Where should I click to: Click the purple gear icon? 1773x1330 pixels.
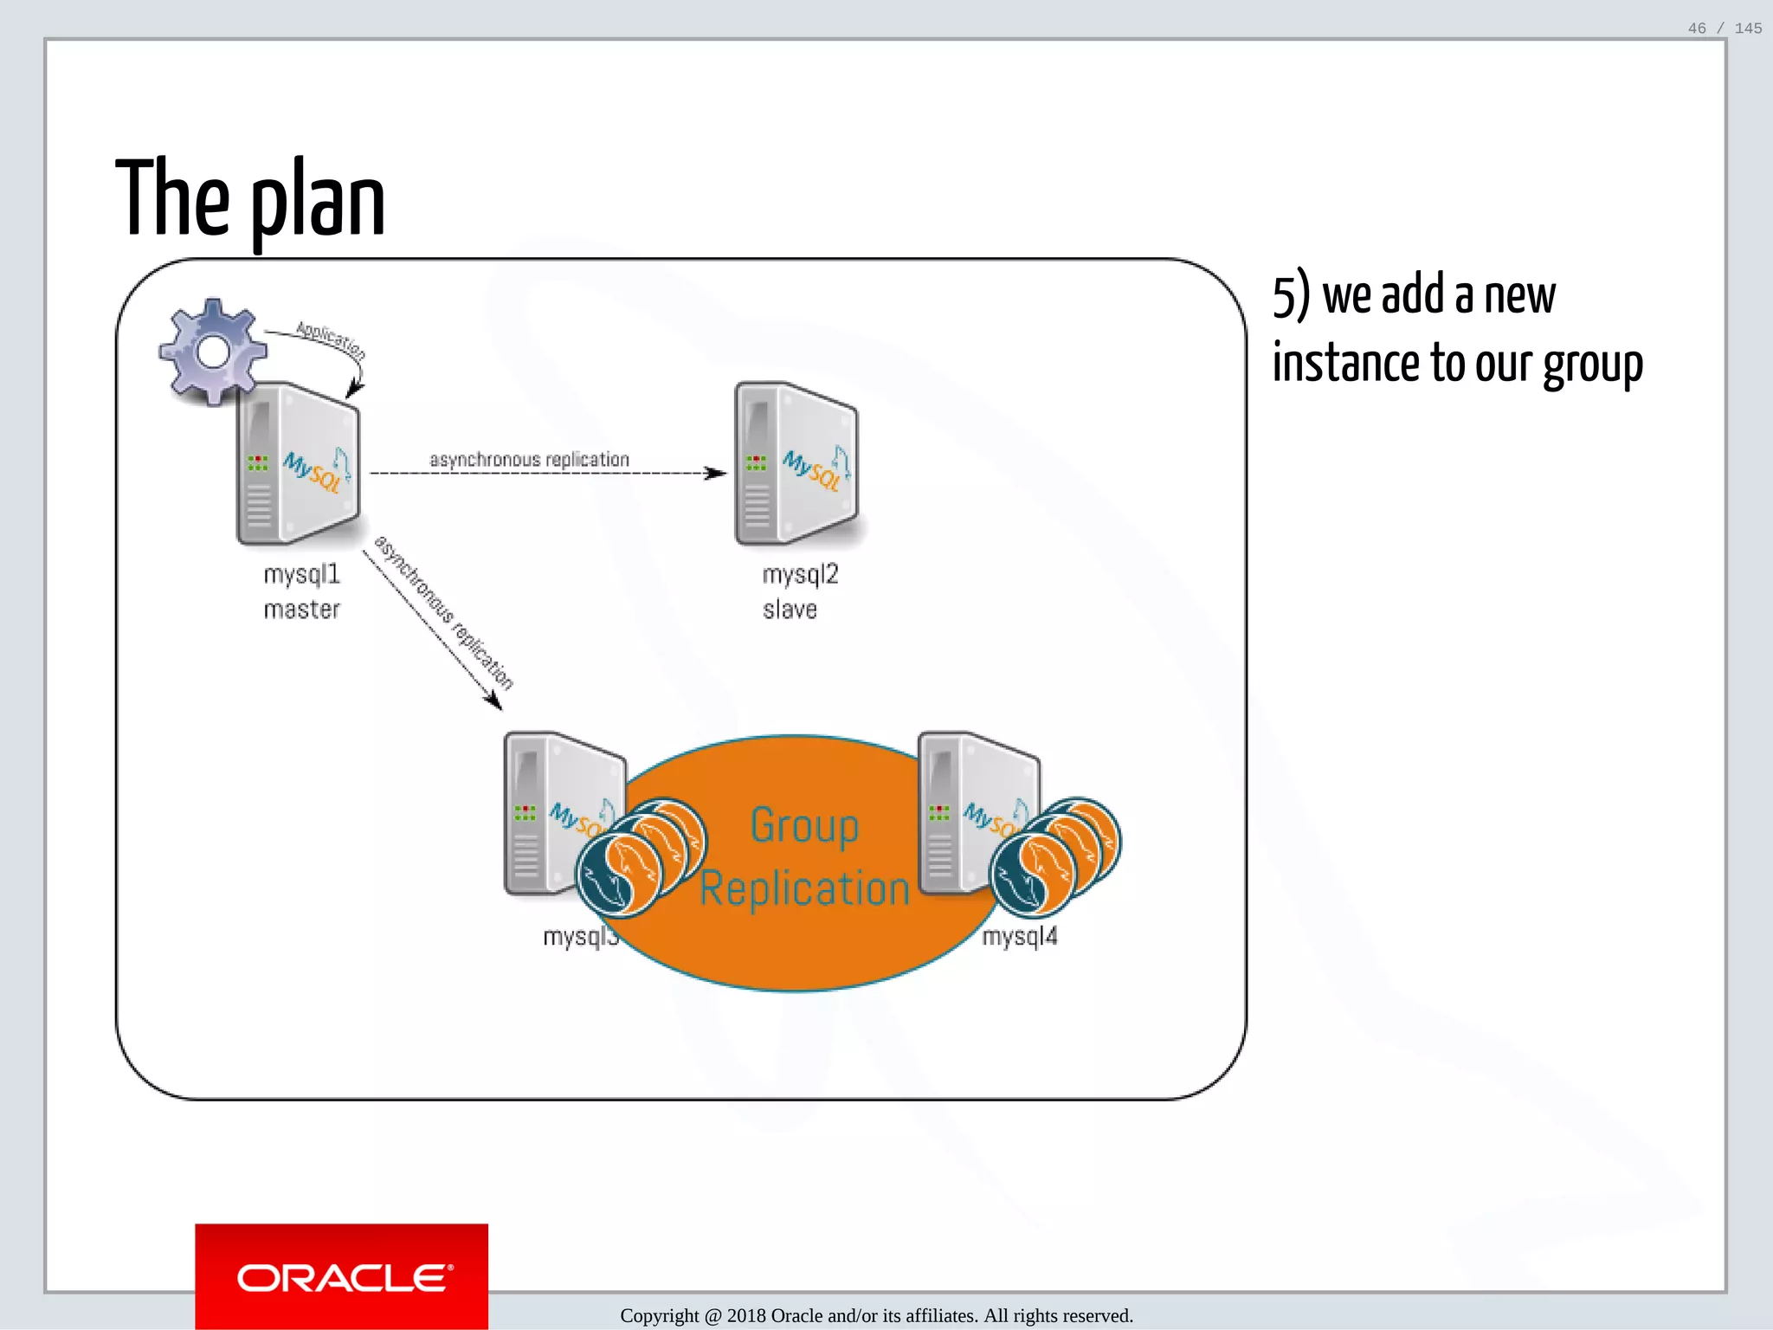point(213,352)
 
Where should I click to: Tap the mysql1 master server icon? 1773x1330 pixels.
point(299,464)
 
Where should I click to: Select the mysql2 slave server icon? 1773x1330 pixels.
point(796,464)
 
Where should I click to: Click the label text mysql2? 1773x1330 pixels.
point(800,574)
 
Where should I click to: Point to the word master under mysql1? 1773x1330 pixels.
point(301,610)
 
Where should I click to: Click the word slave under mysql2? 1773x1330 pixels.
point(790,610)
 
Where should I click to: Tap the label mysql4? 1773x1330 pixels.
point(1020,936)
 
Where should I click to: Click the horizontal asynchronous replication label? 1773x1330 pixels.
point(529,459)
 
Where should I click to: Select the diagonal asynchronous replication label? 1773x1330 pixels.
point(443,612)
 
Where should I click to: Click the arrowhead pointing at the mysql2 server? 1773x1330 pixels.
point(716,473)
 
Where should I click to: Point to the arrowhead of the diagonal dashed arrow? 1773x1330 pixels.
point(493,701)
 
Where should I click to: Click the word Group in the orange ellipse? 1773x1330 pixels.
point(804,825)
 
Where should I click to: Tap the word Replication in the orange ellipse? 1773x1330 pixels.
point(804,889)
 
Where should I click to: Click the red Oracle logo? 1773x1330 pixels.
point(341,1276)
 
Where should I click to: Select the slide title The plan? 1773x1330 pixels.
point(250,199)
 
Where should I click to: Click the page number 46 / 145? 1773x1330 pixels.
point(1725,29)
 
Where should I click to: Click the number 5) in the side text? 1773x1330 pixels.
point(1291,296)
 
